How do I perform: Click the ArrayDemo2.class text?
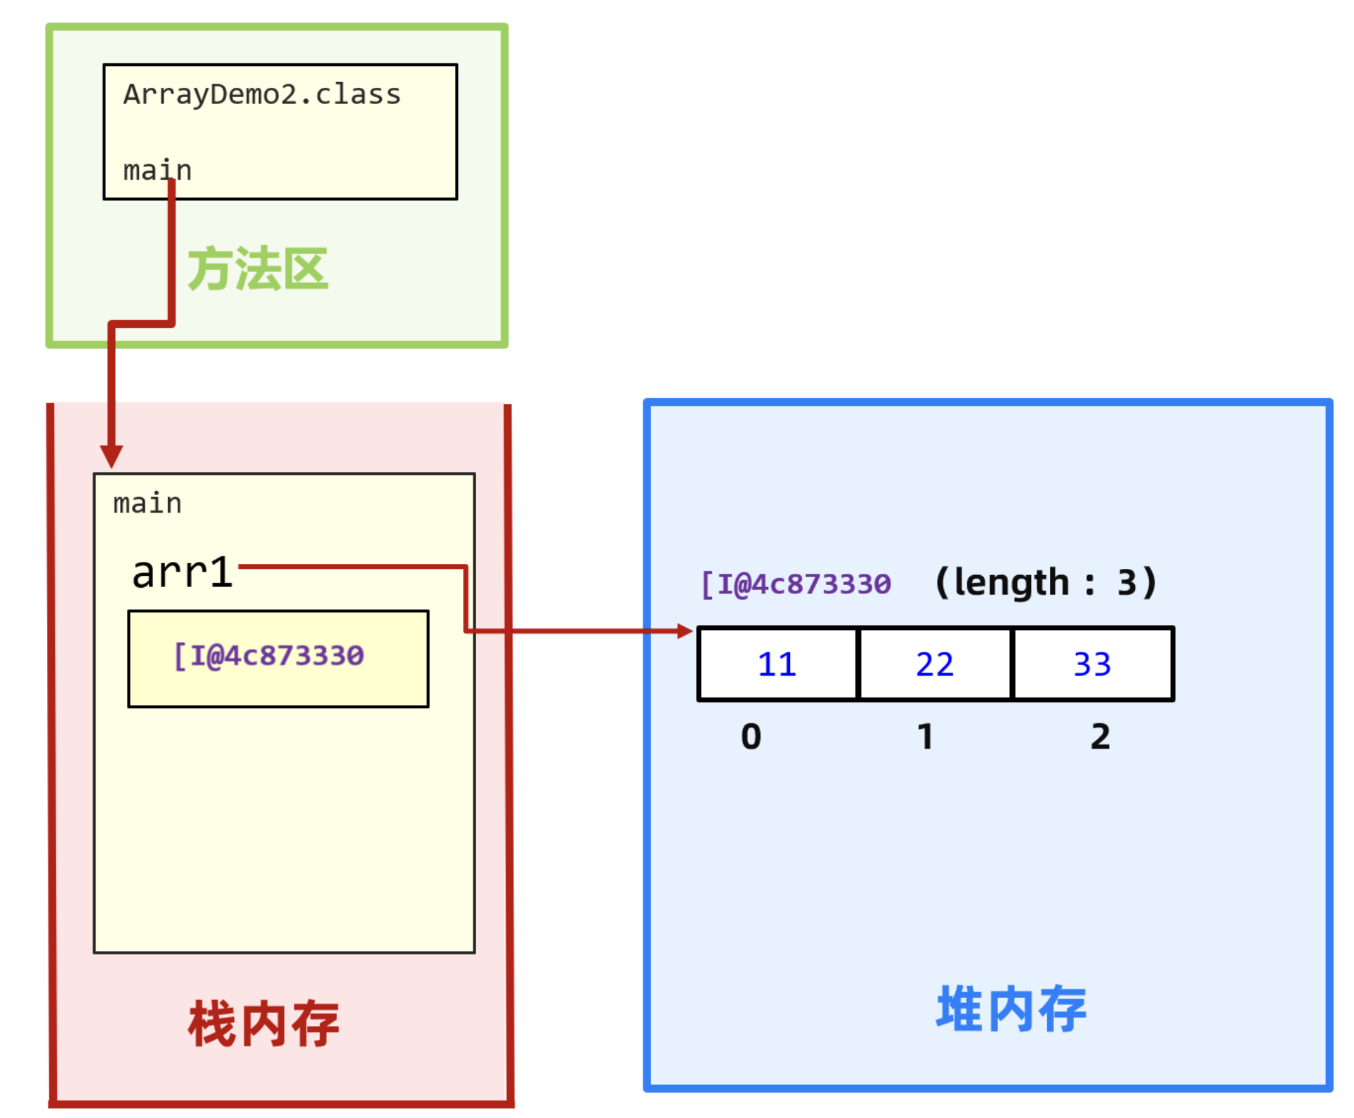tap(262, 95)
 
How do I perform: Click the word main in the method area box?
tap(157, 171)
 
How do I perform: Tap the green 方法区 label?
tap(258, 269)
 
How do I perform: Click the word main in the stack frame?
tap(147, 504)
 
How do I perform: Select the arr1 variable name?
tap(182, 572)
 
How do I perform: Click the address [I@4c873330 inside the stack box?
tap(269, 656)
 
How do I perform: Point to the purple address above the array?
tap(796, 584)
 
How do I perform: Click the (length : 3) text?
tap(1046, 583)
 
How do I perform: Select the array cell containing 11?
tap(777, 664)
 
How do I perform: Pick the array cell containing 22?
tap(935, 664)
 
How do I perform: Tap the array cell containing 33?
tap(1093, 664)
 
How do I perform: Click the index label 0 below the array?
tap(751, 737)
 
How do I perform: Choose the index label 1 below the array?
tap(926, 737)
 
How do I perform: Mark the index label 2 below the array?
tap(1100, 737)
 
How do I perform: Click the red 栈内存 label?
tap(263, 1025)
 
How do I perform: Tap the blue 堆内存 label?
tap(1011, 1009)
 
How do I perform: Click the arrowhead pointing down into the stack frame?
tap(111, 456)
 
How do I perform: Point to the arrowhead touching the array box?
tap(685, 631)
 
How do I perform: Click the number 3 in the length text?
tap(1127, 583)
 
